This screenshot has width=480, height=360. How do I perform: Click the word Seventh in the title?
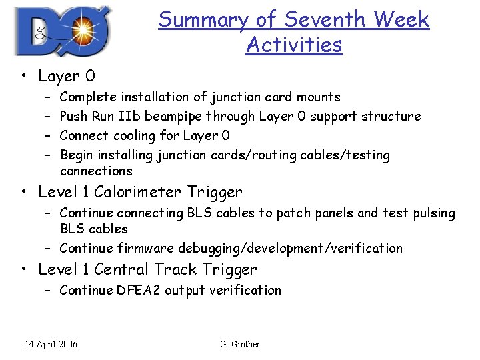click(319, 20)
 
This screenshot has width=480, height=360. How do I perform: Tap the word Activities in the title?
click(293, 45)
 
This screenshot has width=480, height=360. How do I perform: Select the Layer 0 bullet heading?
click(67, 77)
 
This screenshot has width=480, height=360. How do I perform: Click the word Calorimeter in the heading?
click(137, 192)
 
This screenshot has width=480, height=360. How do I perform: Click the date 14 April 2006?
click(51, 344)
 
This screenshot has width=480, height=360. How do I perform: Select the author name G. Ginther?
click(239, 344)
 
